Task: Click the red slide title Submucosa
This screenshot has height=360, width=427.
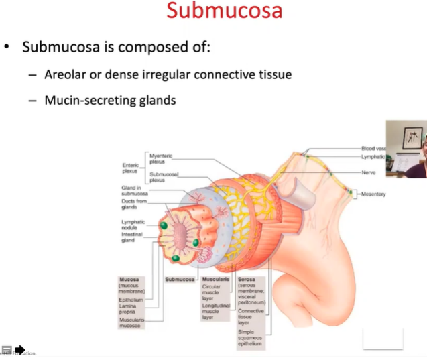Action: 224,11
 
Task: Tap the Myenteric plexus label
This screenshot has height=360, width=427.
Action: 161,158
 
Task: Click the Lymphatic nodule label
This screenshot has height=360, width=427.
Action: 133,225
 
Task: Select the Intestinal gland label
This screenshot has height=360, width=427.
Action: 133,237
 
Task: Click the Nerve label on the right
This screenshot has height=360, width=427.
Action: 368,172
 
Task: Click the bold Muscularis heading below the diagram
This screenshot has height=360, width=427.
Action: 215,278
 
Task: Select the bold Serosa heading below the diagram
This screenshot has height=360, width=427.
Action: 247,278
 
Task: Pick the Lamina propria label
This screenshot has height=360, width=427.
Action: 129,308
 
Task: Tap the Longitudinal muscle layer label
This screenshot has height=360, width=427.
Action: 217,311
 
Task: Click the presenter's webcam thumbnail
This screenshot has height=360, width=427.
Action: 406,149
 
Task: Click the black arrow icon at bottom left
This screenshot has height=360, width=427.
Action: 20,349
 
